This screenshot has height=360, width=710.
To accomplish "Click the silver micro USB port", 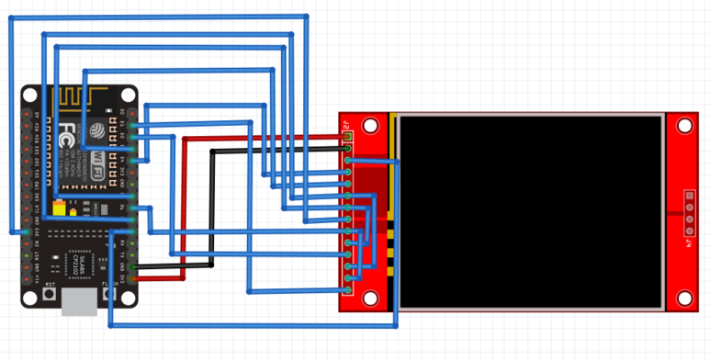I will coord(80,304).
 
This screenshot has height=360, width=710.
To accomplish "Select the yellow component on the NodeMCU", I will coord(59,210).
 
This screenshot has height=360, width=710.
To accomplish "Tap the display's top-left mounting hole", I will coord(370,126).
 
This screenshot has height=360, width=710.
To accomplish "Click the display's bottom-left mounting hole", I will coord(370,298).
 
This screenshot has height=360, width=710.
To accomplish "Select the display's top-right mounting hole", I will coord(683,126).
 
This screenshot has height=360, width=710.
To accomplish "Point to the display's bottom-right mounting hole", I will coord(683,298).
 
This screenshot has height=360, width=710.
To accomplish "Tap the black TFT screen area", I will coord(531,211).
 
